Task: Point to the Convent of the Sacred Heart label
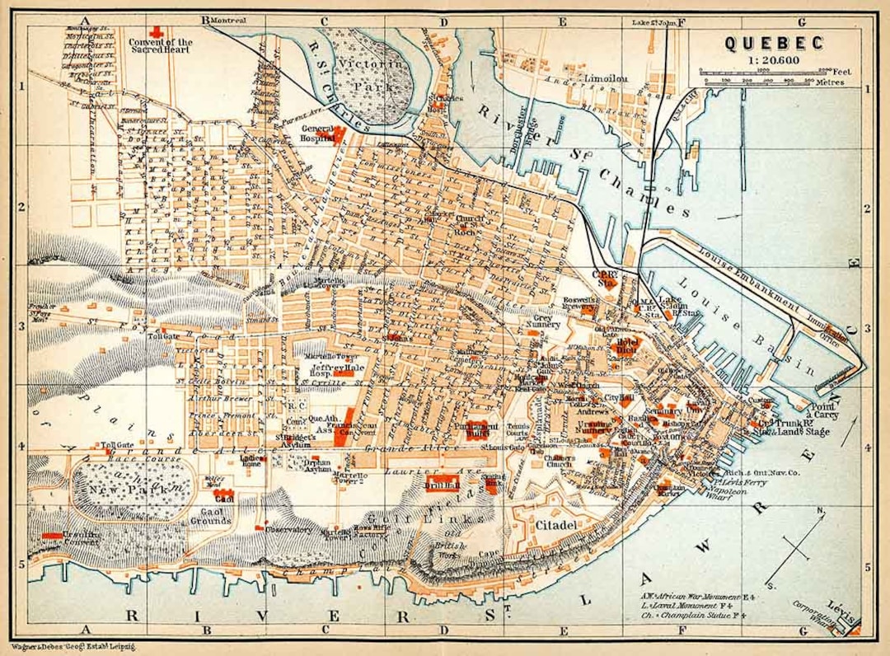[162, 46]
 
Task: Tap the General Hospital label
[319, 134]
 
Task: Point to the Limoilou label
[607, 78]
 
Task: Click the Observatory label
[288, 530]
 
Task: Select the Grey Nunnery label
[546, 321]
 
